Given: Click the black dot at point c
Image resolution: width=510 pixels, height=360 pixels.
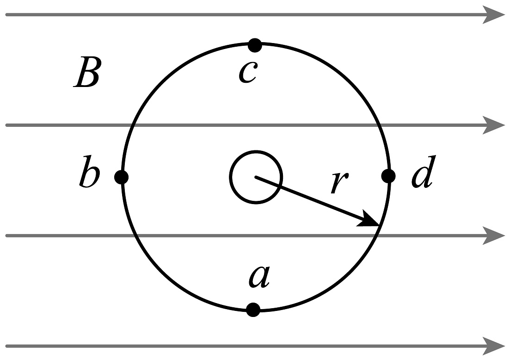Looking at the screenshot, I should pos(255,45).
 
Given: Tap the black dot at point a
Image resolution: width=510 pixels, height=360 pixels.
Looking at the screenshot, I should pos(253,310).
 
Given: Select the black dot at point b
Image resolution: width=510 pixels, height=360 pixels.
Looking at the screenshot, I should pos(122,177).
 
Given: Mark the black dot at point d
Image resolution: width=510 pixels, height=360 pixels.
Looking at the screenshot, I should pos(388,176).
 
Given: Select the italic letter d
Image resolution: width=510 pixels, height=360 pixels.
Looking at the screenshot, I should pos(422,176).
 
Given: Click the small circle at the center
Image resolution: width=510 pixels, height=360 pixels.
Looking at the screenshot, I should pos(256,177).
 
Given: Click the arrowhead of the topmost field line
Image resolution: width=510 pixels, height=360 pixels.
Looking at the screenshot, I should pos(493,15).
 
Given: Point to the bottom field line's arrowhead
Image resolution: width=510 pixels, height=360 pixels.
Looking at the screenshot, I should pos(493,346).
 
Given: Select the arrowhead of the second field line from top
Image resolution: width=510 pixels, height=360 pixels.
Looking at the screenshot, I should pos(493,125).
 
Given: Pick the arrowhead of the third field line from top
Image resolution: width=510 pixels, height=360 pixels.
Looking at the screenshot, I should pos(493,236).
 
